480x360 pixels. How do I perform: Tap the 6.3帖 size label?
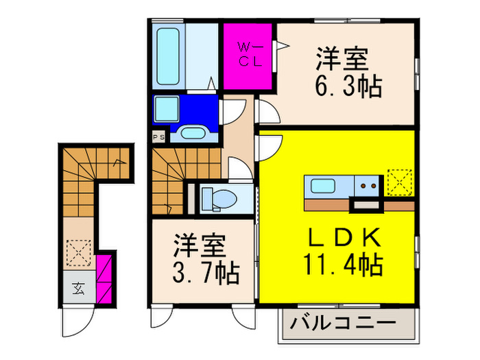pyautogui.click(x=349, y=87)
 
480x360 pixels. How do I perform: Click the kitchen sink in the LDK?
pyautogui.click(x=321, y=184)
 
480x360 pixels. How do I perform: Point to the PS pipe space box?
pyautogui.click(x=158, y=136)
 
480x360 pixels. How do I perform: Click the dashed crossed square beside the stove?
pyautogui.click(x=398, y=182)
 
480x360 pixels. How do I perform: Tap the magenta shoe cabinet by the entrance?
pyautogui.click(x=104, y=278)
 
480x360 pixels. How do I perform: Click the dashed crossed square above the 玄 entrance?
pyautogui.click(x=79, y=252)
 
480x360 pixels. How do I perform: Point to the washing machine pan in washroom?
pyautogui.click(x=167, y=109)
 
